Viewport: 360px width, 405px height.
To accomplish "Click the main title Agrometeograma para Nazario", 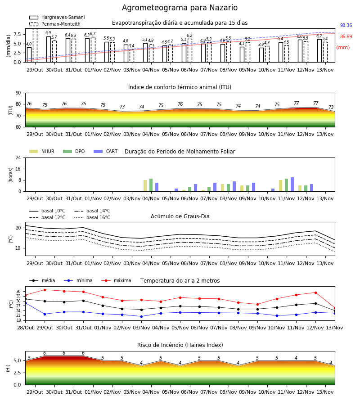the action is (x=180, y=8).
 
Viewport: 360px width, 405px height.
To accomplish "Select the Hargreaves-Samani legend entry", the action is (x=57, y=17).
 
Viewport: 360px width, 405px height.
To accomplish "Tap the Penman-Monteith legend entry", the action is (x=55, y=24).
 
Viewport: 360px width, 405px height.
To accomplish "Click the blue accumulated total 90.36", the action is (x=346, y=25).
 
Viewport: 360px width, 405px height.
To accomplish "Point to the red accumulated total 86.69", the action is (x=346, y=37).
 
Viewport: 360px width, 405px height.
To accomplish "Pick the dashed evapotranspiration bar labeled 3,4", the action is (x=132, y=56).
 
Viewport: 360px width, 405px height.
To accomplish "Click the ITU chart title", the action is (x=180, y=87).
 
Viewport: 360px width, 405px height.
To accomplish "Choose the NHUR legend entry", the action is (x=42, y=151).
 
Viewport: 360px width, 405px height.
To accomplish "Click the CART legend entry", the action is (x=106, y=151).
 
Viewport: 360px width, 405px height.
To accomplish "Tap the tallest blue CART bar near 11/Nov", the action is (x=292, y=184).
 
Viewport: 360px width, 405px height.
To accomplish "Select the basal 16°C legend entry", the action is (x=92, y=217).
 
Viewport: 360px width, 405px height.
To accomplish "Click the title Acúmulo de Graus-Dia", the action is (x=180, y=216).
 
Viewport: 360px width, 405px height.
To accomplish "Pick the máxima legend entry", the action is (x=116, y=280).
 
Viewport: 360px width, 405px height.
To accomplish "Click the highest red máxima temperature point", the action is (x=45, y=290).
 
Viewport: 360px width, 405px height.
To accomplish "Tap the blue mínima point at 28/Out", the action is (x=26, y=303).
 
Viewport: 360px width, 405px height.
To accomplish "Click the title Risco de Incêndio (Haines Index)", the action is (x=180, y=345).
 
